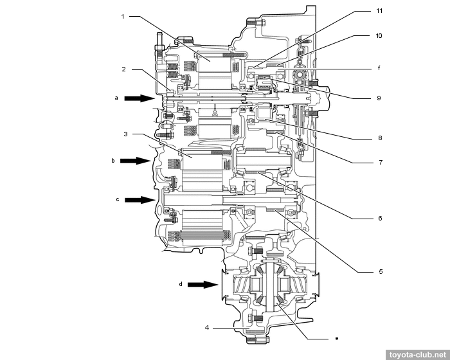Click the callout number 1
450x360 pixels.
coord(122,17)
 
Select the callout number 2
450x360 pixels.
coord(122,69)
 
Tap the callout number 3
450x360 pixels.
coord(127,134)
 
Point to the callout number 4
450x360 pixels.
coord(206,328)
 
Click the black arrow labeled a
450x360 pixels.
coord(139,98)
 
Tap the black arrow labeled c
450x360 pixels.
coord(139,200)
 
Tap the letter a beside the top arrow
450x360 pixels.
coord(116,98)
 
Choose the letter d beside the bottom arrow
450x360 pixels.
coord(181,283)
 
